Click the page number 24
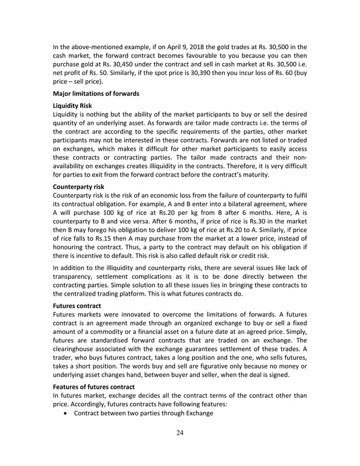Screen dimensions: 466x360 point(180,433)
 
